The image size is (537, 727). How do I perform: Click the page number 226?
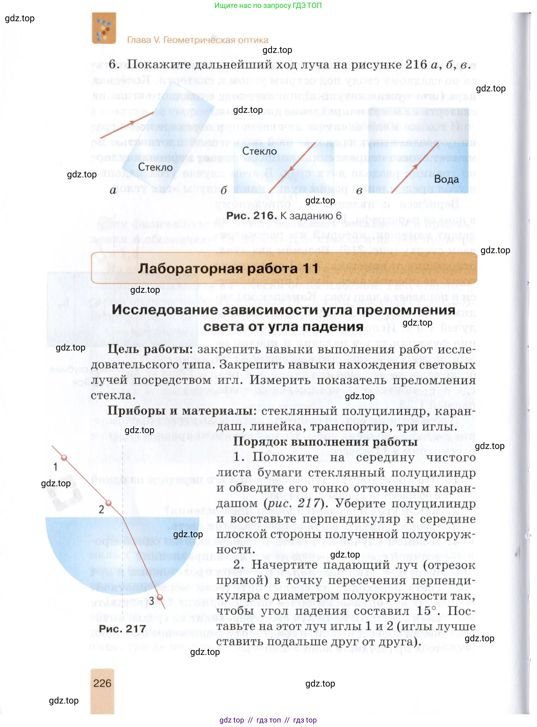coord(102,683)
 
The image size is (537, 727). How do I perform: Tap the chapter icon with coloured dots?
coord(104,28)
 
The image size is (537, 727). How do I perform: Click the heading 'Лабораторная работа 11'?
coord(228,268)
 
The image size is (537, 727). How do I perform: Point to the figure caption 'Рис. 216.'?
coord(251,216)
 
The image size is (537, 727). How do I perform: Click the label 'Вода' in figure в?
coord(446,179)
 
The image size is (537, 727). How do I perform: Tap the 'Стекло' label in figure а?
coord(155,167)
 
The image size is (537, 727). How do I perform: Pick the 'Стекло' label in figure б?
coord(259,151)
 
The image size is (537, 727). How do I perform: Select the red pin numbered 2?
coord(109,503)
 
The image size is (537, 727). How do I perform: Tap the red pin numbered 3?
coord(160,597)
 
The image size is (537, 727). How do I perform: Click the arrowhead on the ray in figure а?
coord(132,122)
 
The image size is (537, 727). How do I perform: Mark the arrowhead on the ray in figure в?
coord(415,167)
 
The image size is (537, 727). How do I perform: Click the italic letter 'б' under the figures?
coord(224,190)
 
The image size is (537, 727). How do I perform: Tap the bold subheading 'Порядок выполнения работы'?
coord(325,442)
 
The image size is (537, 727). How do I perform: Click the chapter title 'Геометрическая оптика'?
coord(216,40)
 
